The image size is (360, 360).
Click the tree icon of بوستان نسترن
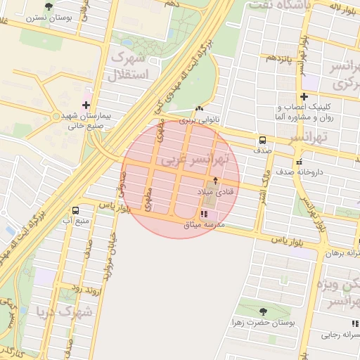(48, 6)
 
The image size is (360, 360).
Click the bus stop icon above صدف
(262, 139)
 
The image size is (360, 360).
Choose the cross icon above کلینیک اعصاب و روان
(303, 96)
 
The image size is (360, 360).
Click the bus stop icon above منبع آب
(75, 210)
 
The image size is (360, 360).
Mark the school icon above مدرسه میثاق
(204, 214)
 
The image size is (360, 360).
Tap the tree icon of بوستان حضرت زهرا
(263, 311)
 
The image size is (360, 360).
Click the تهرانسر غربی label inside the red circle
(193, 159)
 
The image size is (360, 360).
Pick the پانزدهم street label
(278, 57)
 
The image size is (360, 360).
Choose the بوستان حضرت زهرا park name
(264, 323)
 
